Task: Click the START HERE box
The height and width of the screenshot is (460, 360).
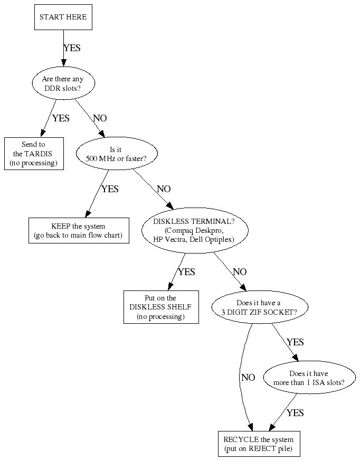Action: (63, 17)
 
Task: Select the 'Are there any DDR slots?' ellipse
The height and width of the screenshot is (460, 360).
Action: (63, 83)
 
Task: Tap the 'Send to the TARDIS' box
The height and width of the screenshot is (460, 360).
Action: (34, 153)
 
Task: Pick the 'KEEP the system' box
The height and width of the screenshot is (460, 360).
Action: (78, 230)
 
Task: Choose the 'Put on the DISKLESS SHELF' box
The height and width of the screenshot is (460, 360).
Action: (160, 307)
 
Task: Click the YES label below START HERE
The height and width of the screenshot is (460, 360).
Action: (72, 48)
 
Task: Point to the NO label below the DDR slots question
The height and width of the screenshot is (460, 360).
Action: (100, 118)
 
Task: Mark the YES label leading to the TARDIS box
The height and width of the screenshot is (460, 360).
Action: (61, 118)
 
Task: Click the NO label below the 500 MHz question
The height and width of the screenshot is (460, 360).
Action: (164, 189)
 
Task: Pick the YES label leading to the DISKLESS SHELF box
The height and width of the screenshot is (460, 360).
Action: (186, 272)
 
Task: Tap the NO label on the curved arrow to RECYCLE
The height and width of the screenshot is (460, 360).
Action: (248, 378)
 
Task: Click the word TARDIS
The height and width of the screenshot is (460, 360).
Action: (44, 153)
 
